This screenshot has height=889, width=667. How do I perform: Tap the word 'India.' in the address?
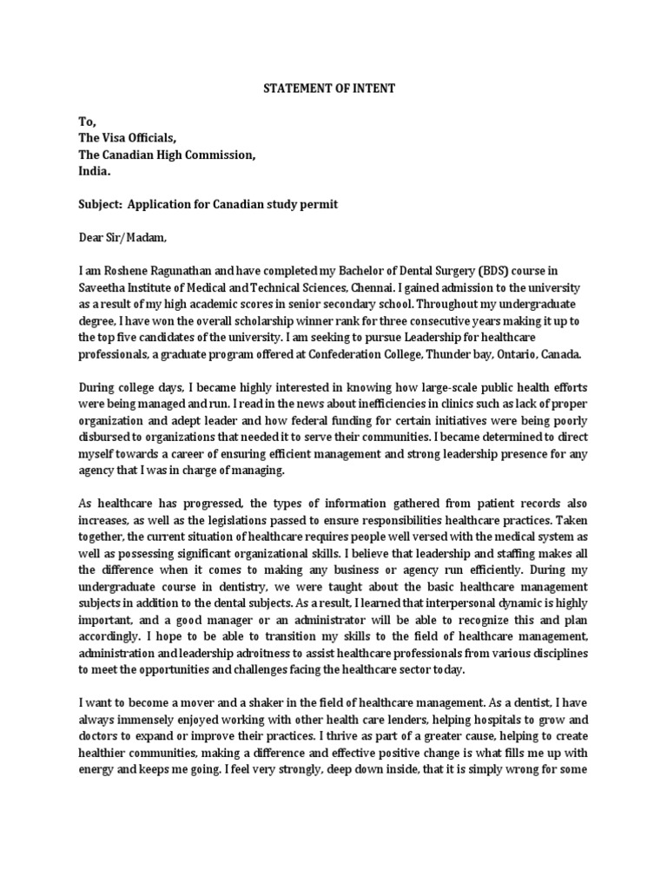(x=96, y=171)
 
